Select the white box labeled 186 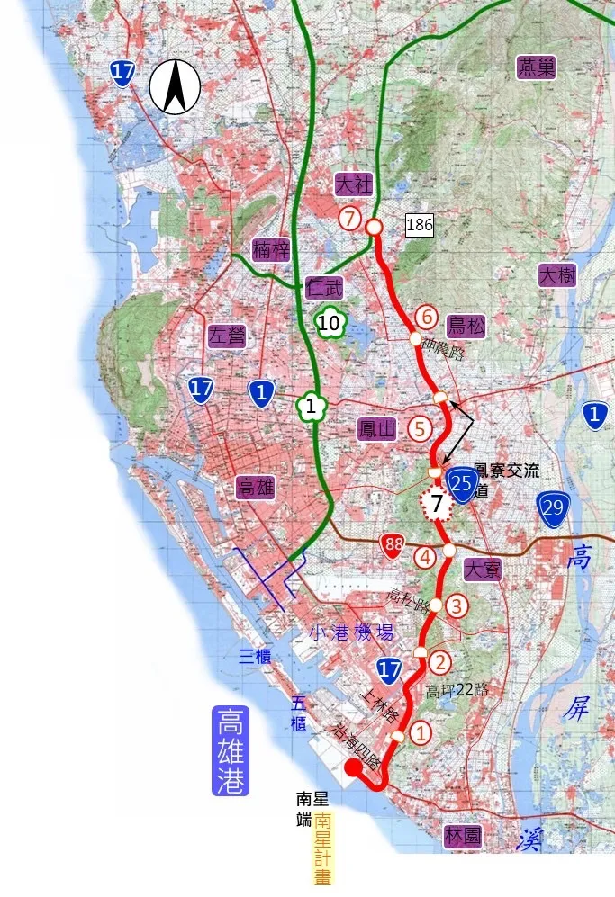(420, 225)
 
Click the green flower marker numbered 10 (330, 323)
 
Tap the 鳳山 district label (377, 429)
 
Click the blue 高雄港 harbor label (231, 750)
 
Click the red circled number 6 (427, 318)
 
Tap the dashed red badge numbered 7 (437, 505)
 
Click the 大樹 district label (556, 275)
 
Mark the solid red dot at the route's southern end (354, 767)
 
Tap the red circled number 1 (421, 733)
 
